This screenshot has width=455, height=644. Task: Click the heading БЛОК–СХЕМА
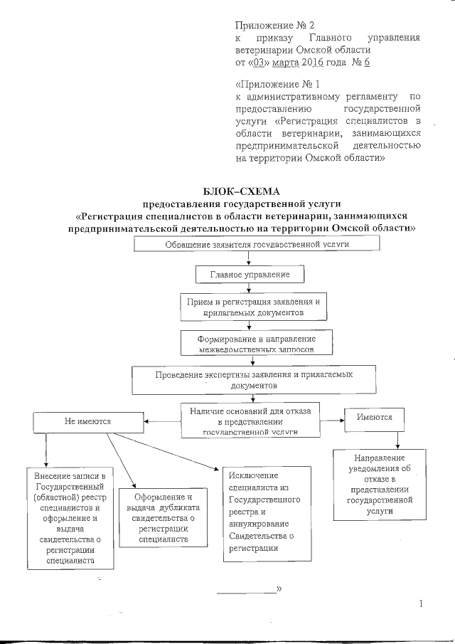click(242, 190)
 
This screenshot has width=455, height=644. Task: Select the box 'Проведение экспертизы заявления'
click(254, 379)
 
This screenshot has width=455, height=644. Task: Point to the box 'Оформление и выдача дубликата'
click(163, 517)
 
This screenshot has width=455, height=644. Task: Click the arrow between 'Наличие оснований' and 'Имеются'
click(331, 417)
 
